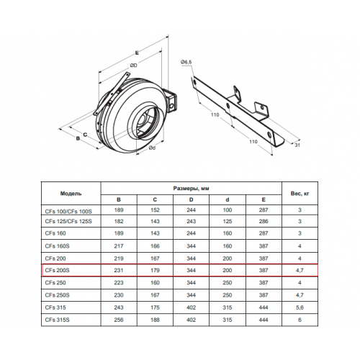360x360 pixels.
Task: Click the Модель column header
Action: click(71, 194)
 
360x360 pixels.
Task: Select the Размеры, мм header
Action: click(191, 189)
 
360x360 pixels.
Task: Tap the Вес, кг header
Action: click(300, 194)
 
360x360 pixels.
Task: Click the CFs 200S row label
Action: click(57, 270)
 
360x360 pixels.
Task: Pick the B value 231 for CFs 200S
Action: click(119, 270)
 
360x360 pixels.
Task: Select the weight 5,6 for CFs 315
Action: click(300, 307)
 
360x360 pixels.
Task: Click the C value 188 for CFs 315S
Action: click(155, 320)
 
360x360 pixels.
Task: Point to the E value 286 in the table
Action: click(264, 221)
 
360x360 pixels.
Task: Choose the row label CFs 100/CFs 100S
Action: click(68, 212)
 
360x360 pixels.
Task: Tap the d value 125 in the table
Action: click(228, 221)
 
